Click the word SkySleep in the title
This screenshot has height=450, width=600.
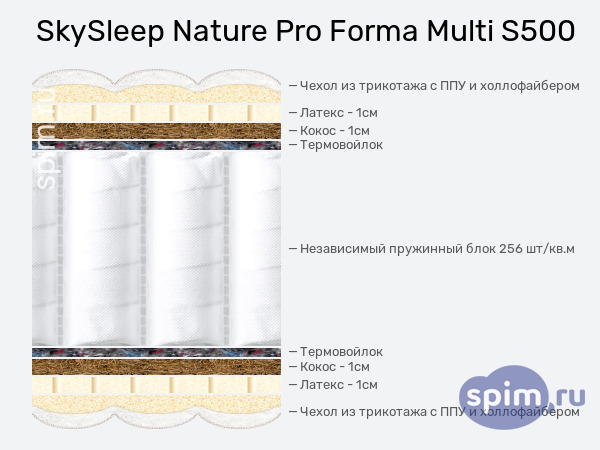(100, 31)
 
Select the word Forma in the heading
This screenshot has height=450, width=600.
(373, 31)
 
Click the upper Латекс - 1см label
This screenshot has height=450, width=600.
(339, 113)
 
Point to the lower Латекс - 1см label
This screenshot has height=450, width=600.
(339, 385)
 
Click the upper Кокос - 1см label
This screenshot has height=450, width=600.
(335, 131)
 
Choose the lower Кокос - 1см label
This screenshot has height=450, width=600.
(335, 367)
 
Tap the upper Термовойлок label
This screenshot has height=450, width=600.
(341, 145)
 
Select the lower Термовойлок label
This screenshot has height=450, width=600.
(341, 352)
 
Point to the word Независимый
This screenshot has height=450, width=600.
(342, 249)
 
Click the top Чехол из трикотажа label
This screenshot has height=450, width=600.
(440, 86)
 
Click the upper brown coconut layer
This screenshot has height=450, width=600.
(157, 131)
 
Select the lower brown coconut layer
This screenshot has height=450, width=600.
(157, 367)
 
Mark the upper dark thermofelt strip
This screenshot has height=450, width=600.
(157, 145)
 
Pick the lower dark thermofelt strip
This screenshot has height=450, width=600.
(157, 352)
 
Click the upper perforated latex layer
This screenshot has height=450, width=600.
(157, 113)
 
